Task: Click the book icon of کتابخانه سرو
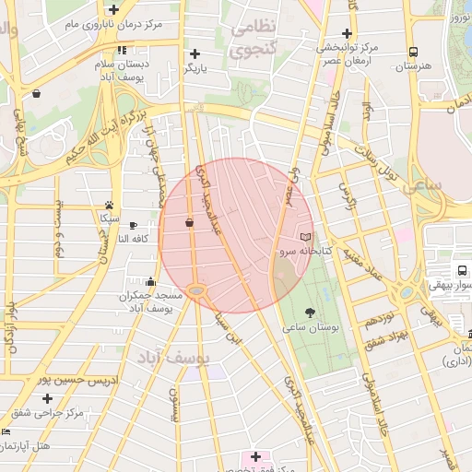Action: [x=306, y=238]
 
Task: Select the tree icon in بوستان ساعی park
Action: [x=309, y=313]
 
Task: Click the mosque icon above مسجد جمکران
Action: [x=151, y=283]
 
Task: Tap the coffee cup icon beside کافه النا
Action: [x=133, y=225]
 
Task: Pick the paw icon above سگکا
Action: [x=110, y=206]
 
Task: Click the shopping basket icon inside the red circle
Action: [x=189, y=222]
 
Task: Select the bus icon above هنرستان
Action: [x=413, y=53]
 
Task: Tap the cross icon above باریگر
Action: [x=195, y=54]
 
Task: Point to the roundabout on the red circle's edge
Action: [x=197, y=291]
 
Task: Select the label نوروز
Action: [x=457, y=16]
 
